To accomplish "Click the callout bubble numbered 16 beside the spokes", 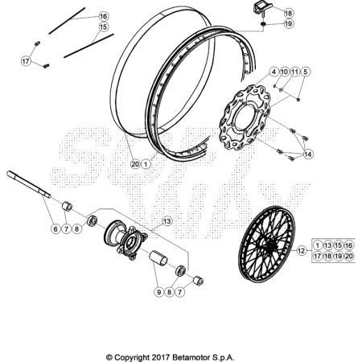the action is click(103, 16).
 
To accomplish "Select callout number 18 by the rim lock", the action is click(288, 13).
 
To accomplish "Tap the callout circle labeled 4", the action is click(274, 72).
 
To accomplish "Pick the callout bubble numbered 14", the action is click(308, 154).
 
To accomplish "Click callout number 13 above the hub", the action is click(167, 221).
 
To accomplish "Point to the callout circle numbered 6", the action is click(56, 229).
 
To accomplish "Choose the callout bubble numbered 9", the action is click(158, 292).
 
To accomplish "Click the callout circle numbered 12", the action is click(302, 251).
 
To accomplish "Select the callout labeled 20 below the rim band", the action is click(135, 164).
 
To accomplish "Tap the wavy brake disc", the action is click(245, 117).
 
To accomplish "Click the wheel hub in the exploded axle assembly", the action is click(125, 240).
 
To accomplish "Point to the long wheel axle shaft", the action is click(29, 184).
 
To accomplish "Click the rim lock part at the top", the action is click(261, 8).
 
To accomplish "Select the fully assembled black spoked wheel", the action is click(266, 245).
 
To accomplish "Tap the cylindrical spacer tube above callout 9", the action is click(158, 257).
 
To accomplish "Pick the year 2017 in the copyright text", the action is click(161, 357).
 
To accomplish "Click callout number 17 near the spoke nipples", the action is click(26, 61).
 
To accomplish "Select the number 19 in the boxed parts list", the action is click(339, 256).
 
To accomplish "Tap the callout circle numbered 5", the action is click(305, 72).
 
